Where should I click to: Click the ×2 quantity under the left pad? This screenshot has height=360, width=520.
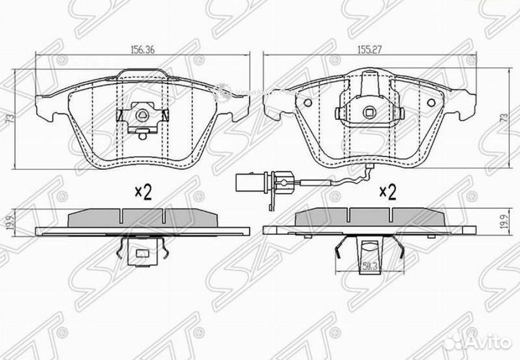[x=143, y=192]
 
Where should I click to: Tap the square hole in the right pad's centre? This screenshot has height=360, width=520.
[x=370, y=112]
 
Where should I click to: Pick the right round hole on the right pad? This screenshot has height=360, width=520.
[x=431, y=102]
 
